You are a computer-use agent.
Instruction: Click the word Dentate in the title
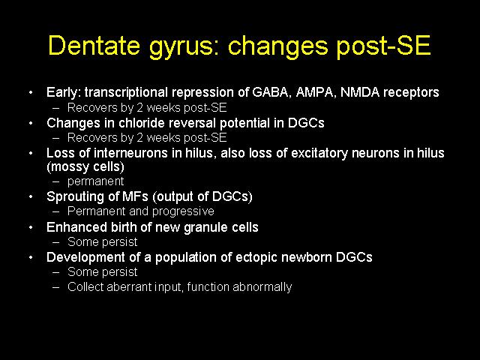pyautogui.click(x=94, y=45)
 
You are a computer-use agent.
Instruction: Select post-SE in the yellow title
pyautogui.click(x=382, y=46)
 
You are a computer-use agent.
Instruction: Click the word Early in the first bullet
pyautogui.click(x=64, y=92)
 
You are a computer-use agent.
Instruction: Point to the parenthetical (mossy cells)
pyautogui.click(x=85, y=166)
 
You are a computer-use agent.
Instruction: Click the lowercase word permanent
pyautogui.click(x=95, y=181)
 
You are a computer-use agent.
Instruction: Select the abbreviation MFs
pyautogui.click(x=135, y=196)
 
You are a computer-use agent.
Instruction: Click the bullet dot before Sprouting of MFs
pyautogui.click(x=31, y=196)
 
